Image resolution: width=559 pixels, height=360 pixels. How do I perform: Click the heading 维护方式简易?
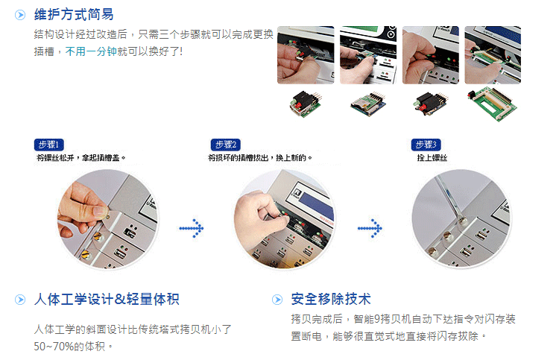click(74, 15)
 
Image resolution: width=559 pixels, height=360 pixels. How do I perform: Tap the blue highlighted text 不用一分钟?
click(91, 51)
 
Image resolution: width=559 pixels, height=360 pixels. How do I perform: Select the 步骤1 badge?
click(49, 145)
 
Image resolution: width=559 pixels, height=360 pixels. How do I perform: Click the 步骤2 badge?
click(226, 145)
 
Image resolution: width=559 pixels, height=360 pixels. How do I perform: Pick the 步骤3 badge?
click(426, 145)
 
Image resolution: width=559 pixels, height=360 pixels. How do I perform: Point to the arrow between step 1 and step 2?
click(192, 228)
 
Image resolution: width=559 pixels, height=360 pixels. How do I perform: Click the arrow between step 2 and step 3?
click(370, 228)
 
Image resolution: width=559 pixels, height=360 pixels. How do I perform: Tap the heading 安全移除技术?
click(331, 299)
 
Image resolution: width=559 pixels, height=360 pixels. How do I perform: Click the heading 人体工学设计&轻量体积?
click(107, 299)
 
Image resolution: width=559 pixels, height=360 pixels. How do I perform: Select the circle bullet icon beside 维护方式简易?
click(20, 15)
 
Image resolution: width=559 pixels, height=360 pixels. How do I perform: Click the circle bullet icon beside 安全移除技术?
click(277, 300)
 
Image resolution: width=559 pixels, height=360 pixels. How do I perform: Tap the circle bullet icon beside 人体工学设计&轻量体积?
click(20, 300)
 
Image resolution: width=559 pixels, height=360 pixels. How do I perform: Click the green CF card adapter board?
click(492, 104)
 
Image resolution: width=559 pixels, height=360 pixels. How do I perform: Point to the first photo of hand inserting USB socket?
click(306, 55)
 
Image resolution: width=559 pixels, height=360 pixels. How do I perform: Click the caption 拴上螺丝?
click(432, 157)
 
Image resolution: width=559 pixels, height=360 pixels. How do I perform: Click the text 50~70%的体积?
click(69, 346)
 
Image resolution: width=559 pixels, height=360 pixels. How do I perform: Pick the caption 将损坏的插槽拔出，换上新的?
click(260, 157)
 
